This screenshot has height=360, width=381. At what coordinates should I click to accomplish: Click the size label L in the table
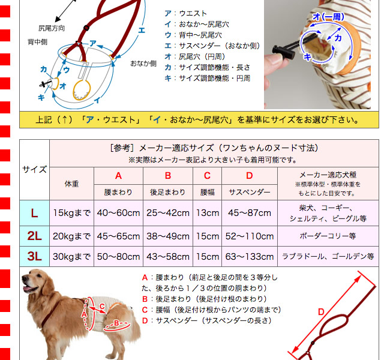click(35, 213)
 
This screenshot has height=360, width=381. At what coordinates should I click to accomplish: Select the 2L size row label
click(35, 236)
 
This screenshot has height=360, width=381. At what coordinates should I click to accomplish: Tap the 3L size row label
click(35, 257)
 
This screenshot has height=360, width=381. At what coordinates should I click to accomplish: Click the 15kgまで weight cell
click(72, 213)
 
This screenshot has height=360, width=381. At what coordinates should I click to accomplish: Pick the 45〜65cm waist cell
click(118, 236)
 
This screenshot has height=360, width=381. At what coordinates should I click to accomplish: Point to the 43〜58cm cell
click(168, 257)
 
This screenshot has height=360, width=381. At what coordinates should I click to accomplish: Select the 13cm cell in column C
click(208, 213)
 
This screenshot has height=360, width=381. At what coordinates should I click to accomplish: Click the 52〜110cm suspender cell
click(250, 236)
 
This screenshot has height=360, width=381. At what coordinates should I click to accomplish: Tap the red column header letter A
click(118, 176)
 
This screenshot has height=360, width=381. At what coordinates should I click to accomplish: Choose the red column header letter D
click(250, 176)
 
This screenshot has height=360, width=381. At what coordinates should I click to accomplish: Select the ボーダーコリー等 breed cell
click(328, 236)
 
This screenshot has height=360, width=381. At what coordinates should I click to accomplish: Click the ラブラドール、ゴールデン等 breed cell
click(328, 257)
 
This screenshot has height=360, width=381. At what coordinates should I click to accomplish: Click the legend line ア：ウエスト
click(186, 13)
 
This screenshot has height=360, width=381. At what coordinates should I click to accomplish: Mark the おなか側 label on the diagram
click(143, 63)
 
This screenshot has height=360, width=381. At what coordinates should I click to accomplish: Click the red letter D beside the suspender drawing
click(321, 311)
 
